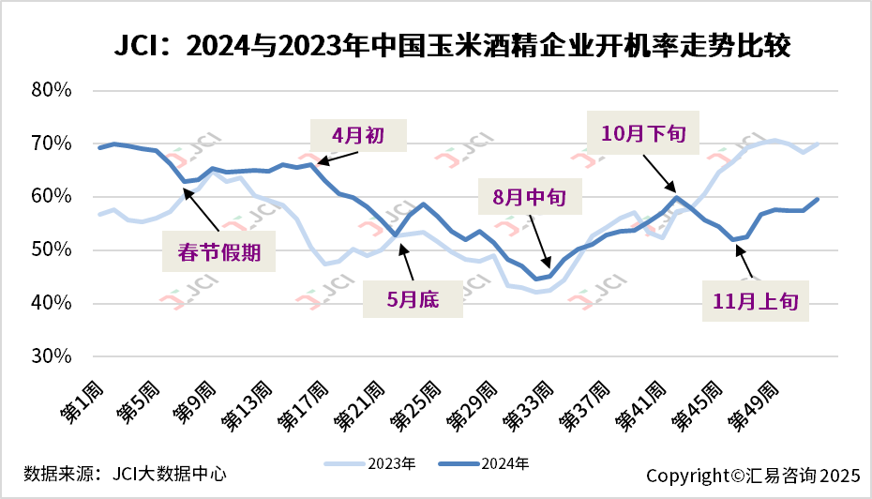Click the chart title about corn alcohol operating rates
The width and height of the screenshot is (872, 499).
[x=453, y=44]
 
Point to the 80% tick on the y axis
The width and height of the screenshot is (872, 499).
[x=52, y=90]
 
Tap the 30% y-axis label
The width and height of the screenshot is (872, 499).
[x=52, y=356]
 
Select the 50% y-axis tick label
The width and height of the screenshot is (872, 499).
[x=52, y=250]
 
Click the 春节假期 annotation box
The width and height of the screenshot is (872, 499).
[x=219, y=251]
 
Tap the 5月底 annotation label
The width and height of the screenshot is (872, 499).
[x=413, y=301]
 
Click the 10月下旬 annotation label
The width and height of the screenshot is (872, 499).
[x=643, y=133]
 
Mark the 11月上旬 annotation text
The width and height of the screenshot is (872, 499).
[x=756, y=301]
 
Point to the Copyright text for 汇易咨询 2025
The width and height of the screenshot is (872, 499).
[x=753, y=475]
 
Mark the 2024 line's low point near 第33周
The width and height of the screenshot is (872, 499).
[x=535, y=279]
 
